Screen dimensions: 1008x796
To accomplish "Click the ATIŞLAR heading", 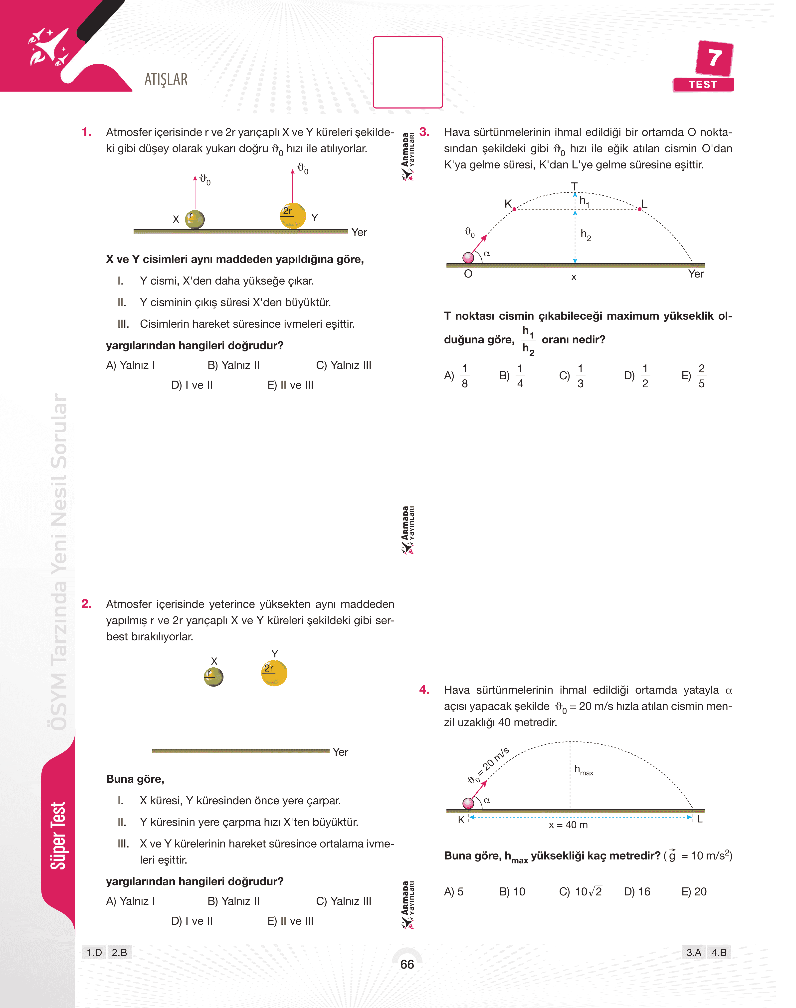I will click(166, 80).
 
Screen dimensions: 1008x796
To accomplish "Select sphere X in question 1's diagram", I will click(195, 219).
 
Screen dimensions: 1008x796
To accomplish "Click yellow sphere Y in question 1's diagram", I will click(293, 216).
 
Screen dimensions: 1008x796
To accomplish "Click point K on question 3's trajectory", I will click(515, 209).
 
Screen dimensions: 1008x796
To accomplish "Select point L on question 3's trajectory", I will click(639, 209).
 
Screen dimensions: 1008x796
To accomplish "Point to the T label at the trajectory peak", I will click(574, 186).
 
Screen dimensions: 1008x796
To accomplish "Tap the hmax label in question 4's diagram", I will click(584, 770).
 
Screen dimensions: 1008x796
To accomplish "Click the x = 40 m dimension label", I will click(568, 825).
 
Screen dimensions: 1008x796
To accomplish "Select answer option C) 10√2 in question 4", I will click(580, 891).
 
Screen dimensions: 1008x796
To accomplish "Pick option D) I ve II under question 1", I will click(192, 385).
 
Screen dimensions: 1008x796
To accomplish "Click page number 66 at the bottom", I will click(407, 964).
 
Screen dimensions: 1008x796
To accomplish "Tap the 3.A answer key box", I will click(693, 952).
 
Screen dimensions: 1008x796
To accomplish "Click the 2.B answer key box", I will click(119, 952).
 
